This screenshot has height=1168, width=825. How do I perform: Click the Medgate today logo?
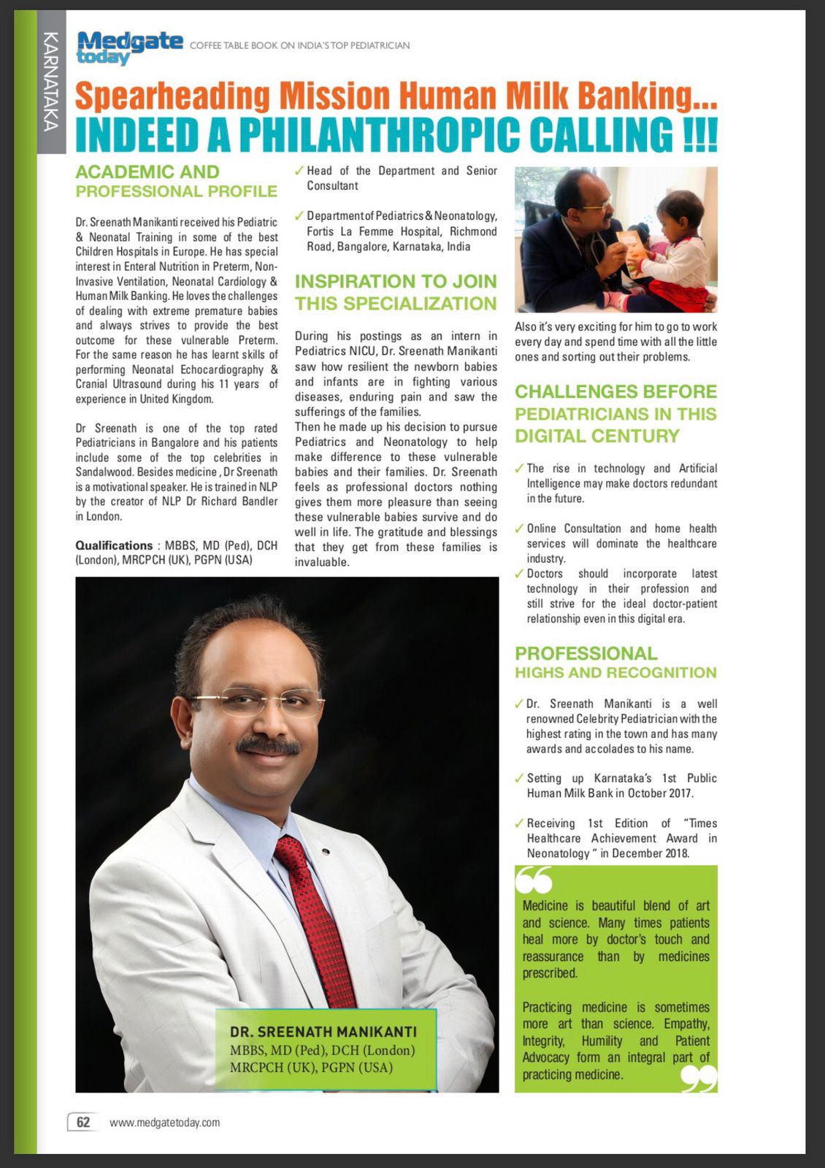[129, 47]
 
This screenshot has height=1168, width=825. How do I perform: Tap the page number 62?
[83, 1122]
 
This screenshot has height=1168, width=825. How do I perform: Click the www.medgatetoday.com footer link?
[164, 1123]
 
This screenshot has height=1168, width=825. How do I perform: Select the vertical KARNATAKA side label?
[50, 82]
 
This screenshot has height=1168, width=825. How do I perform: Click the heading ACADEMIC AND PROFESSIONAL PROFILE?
[176, 181]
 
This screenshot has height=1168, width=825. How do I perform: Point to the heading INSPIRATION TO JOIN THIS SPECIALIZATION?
[395, 292]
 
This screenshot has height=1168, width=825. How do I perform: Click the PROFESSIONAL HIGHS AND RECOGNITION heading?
[615, 662]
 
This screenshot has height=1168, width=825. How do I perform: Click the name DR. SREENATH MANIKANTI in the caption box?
[323, 1031]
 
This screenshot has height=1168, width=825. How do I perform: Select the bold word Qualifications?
[114, 545]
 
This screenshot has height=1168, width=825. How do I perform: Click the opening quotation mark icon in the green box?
[534, 881]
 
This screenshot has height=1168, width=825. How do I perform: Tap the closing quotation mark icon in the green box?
[698, 1077]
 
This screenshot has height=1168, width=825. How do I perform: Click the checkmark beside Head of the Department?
[299, 171]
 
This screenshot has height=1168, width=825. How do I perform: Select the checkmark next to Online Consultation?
[519, 529]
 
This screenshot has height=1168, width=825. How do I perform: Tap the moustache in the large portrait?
[268, 745]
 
